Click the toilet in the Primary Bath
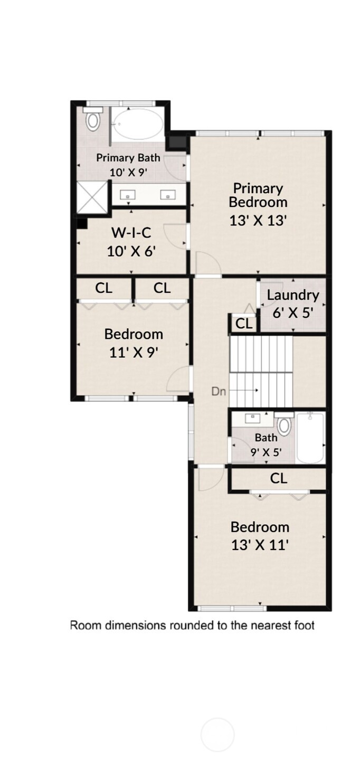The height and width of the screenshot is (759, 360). pos(93,120)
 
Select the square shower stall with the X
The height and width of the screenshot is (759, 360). pos(92,197)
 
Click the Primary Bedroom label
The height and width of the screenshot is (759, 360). pos(258,195)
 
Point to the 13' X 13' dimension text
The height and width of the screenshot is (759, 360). pos(258,221)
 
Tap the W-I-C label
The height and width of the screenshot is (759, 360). pos(131,233)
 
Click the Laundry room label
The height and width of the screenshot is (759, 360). pos(293,296)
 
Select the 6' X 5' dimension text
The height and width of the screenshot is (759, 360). pos(293,312)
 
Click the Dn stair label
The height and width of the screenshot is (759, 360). pos(219,392)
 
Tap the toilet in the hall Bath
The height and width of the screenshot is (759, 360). pos(284,425)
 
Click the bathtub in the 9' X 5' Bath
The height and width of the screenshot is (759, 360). pos(310,438)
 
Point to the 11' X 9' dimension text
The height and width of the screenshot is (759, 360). pos(134,352)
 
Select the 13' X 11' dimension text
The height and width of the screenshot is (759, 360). pos(260,545)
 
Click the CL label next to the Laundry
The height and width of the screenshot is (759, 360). pos(244,324)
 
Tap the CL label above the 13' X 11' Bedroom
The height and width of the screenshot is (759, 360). pos(279,479)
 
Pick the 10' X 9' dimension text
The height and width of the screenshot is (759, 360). pos(128,172)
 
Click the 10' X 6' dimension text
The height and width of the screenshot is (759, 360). pos(131,251)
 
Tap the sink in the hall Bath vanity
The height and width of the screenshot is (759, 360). pos(253,418)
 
